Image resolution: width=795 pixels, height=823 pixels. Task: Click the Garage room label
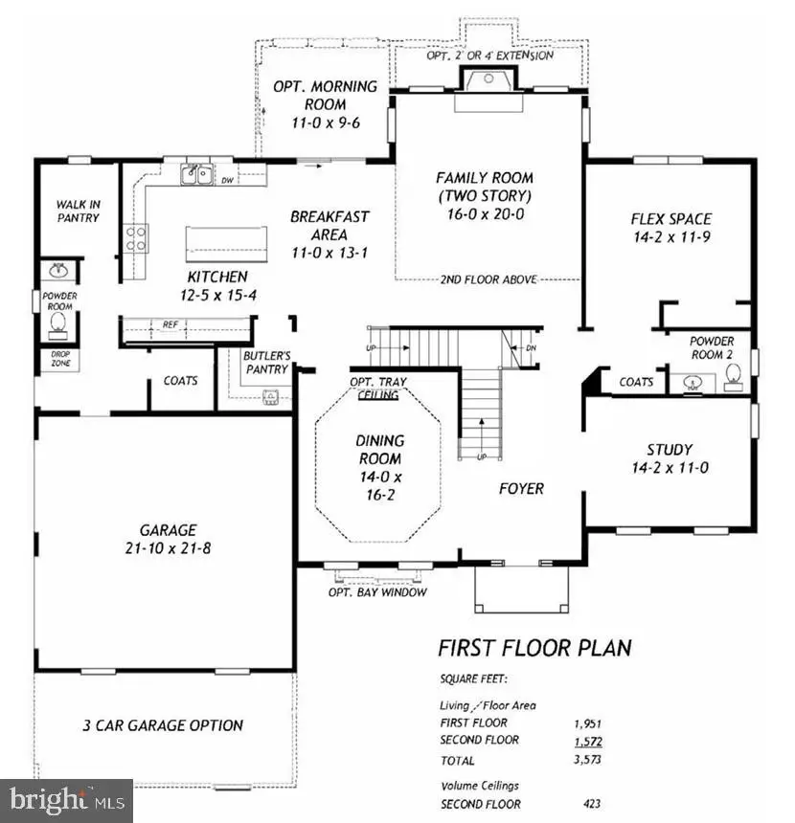click(168, 538)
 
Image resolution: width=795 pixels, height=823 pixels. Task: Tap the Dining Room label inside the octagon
click(380, 469)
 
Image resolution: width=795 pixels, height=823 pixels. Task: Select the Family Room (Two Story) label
click(485, 196)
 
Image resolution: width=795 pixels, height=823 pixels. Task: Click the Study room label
click(670, 458)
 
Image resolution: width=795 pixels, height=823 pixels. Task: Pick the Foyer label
click(521, 489)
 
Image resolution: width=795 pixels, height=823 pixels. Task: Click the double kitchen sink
click(198, 174)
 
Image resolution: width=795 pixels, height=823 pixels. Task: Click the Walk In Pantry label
click(78, 211)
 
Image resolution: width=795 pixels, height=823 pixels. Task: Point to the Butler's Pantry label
click(265, 362)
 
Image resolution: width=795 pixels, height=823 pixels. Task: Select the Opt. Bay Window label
click(377, 592)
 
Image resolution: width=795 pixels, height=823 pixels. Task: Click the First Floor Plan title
click(534, 648)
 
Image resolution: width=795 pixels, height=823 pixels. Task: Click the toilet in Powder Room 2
click(735, 384)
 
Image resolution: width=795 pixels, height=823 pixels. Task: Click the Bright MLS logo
click(66, 799)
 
